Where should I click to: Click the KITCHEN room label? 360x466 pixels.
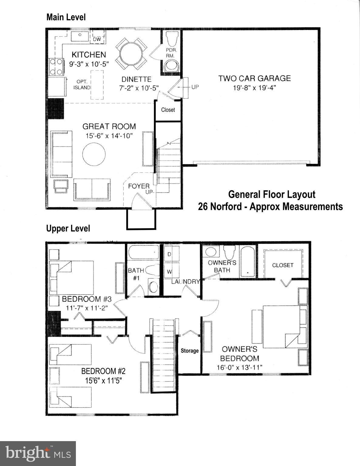coord(89,55)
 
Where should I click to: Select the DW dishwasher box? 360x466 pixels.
coord(97,39)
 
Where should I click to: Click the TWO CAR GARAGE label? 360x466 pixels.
coord(254,78)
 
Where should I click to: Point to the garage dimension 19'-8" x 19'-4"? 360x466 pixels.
coord(254,88)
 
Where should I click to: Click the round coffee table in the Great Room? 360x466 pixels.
coord(94,154)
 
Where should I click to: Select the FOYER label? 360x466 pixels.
coord(138,186)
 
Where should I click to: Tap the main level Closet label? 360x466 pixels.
coord(168,110)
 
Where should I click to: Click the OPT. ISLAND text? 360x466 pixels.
coord(82,85)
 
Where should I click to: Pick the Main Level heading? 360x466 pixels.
coord(66,17)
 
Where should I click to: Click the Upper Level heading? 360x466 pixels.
coord(68,228)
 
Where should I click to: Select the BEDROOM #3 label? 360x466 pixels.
coord(87,299)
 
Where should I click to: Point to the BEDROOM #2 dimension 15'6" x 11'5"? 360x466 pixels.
coord(103,380)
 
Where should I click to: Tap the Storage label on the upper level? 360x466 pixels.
coord(190,351)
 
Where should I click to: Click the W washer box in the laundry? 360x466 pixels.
coord(169,272)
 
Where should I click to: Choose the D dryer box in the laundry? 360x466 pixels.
coord(169,254)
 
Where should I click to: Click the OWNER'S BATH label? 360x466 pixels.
coord(222,266)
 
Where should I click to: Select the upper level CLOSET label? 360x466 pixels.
coord(283,265)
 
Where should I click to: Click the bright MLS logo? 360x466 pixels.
coord(38,454)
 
